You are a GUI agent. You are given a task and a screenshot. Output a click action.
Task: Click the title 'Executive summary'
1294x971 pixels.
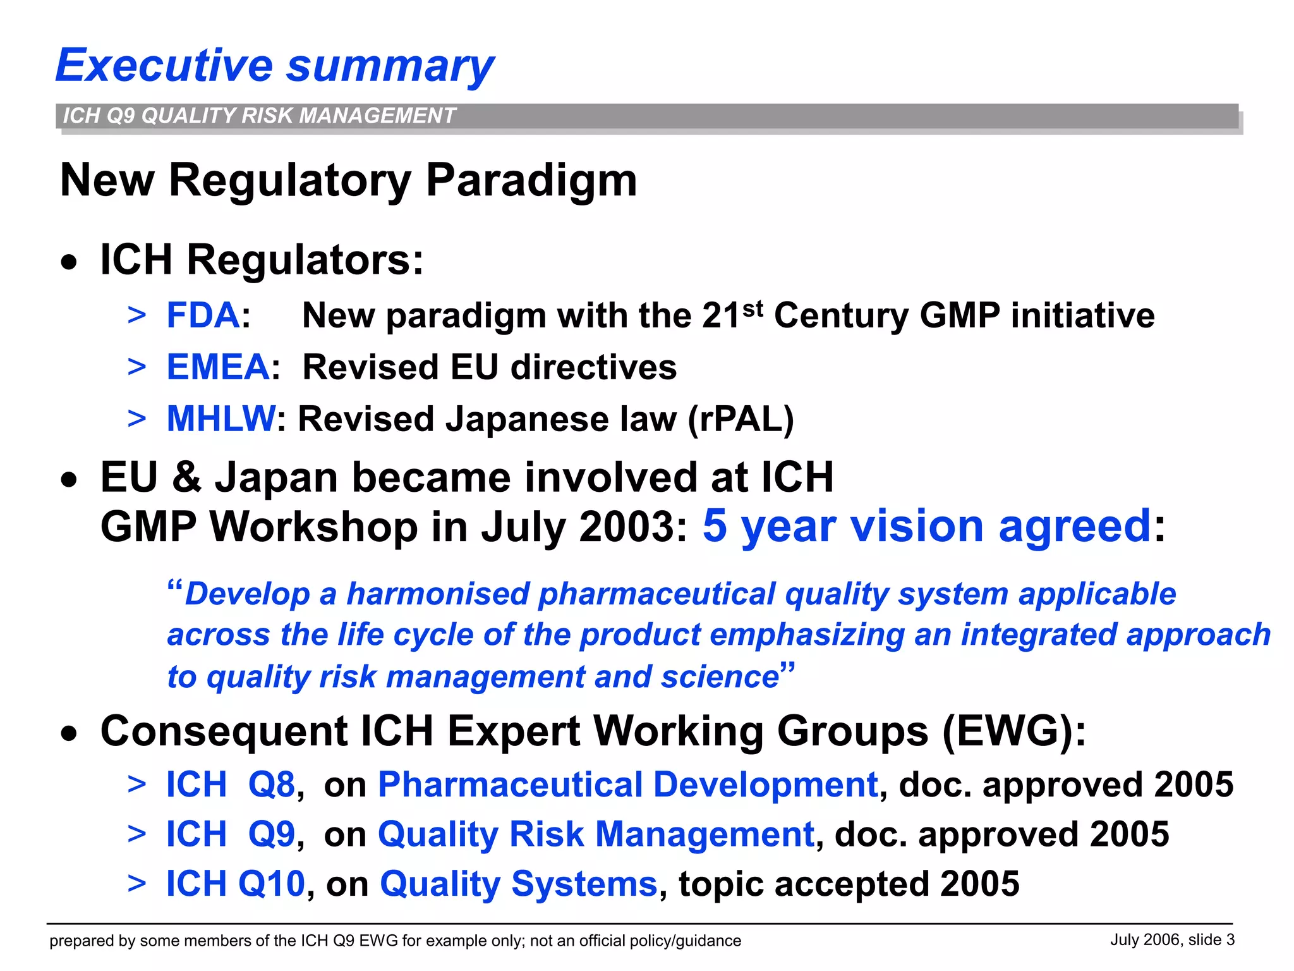[x=275, y=66]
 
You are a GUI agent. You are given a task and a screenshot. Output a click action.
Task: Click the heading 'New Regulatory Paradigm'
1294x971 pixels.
[x=348, y=181]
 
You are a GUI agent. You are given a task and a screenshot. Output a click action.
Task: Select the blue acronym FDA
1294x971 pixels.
[x=203, y=315]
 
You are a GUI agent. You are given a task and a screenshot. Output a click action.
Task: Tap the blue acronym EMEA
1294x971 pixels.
[x=218, y=367]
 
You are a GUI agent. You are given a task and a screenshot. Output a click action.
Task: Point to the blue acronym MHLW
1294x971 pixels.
[x=221, y=419]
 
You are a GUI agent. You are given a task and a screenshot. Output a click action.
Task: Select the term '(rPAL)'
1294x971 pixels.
[x=741, y=419]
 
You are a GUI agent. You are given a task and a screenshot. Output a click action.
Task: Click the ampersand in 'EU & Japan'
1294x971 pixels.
[x=186, y=477]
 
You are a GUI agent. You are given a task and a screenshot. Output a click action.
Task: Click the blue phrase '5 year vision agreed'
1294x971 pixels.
[x=927, y=525]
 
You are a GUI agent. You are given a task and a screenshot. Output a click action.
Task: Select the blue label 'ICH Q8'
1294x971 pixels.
[x=230, y=785]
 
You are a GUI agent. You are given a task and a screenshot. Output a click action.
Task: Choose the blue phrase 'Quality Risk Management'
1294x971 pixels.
[x=596, y=834]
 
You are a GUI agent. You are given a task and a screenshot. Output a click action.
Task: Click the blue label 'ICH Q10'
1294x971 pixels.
[x=235, y=884]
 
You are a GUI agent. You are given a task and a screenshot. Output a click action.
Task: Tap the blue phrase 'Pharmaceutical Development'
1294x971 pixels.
[x=627, y=785]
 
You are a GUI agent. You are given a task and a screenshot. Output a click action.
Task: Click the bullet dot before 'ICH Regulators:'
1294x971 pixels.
[x=70, y=262]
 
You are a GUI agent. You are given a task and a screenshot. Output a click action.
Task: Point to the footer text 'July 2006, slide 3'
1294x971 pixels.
[x=1172, y=940]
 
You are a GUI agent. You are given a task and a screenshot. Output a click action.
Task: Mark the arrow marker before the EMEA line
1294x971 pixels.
[x=136, y=367]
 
